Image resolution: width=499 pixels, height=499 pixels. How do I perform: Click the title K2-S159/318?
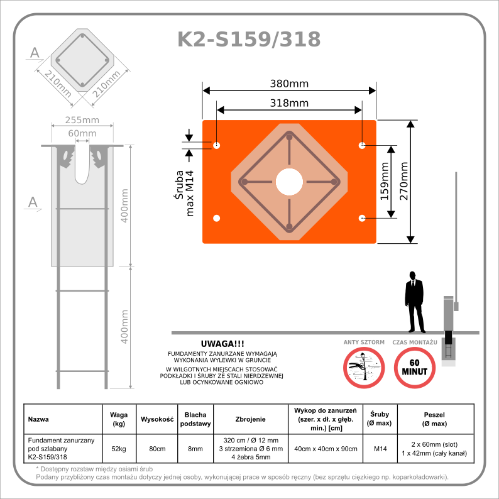pos(249,39)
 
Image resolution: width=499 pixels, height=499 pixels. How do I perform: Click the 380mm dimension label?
pos(289,83)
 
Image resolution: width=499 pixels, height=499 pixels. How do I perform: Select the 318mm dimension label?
pos(289,102)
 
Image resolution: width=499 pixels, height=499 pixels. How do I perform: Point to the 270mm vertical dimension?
pos(404,181)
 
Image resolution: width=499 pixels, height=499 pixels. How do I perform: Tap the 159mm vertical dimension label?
pos(384,182)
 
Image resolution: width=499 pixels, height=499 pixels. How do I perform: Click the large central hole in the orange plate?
pos(289,182)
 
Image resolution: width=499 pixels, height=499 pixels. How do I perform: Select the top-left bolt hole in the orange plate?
pos(217,146)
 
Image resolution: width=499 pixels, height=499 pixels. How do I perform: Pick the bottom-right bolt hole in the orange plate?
pos(362,218)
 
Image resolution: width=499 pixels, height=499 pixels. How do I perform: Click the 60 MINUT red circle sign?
pos(415,368)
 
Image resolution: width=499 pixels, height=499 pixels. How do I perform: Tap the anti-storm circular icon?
pos(364,368)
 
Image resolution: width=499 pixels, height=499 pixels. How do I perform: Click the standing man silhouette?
pos(414,302)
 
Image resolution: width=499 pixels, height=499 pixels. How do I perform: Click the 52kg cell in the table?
pos(119,449)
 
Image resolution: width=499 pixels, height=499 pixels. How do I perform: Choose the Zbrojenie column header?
pos(251,419)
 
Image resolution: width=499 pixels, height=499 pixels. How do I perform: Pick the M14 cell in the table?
pos(380,449)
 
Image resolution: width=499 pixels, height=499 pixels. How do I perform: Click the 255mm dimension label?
pos(83,121)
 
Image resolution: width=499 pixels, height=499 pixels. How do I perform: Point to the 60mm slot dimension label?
pos(82,133)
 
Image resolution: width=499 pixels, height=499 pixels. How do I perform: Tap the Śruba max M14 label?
pos(184,191)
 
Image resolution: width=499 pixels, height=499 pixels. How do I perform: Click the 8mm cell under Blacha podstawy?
pos(195,449)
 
